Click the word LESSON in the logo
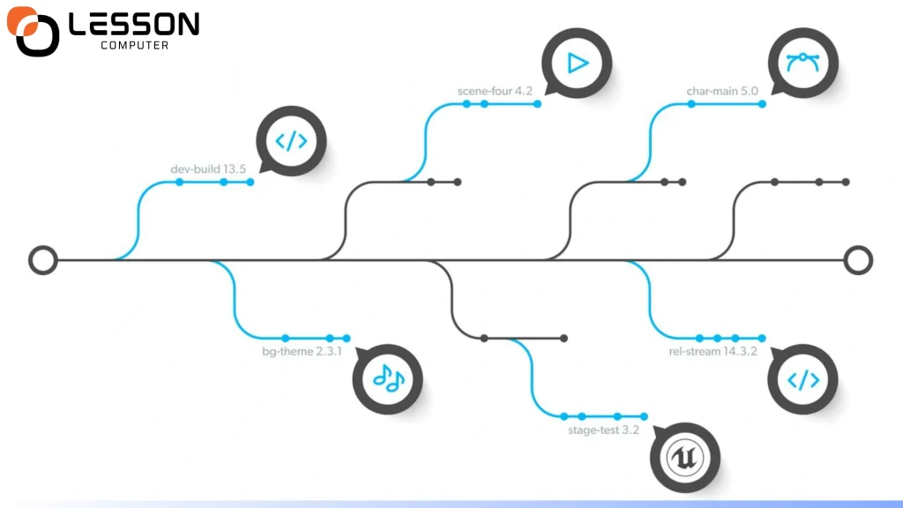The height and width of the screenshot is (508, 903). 133,25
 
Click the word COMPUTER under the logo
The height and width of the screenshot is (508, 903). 134,46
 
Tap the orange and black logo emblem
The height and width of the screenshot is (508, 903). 34,32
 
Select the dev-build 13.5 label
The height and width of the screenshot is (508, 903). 207,168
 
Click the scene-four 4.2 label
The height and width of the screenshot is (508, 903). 495,91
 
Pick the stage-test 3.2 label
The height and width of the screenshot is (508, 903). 603,430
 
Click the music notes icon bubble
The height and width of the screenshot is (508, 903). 388,378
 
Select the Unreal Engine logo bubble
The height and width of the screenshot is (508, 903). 685,457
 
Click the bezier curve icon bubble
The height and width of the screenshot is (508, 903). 802,63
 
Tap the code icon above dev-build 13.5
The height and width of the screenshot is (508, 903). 292,141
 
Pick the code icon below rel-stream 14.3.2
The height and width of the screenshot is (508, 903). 802,379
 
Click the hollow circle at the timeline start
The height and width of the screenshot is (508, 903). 42,259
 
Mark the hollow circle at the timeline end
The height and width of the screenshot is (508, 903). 857,259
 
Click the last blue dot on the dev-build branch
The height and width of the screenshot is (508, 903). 250,182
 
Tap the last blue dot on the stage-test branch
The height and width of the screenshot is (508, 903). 645,416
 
